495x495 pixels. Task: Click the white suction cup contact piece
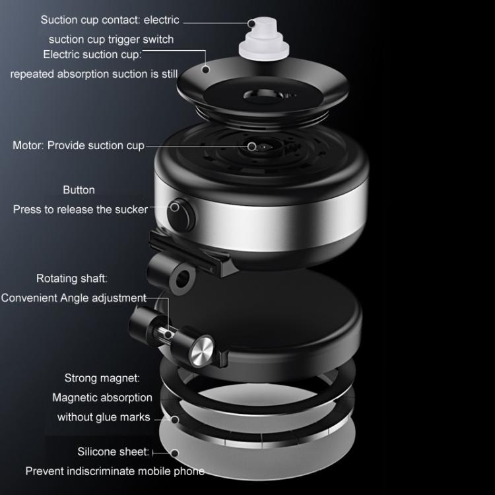tap(263, 38)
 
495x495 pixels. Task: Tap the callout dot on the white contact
tap(251, 23)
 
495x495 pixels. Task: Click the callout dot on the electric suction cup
tap(205, 69)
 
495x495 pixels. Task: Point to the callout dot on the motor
tap(252, 147)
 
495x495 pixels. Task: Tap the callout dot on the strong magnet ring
tap(175, 420)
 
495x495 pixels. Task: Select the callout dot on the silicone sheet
tap(175, 453)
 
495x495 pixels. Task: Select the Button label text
tap(79, 190)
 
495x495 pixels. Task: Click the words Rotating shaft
tap(72, 279)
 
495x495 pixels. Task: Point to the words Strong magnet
tap(102, 378)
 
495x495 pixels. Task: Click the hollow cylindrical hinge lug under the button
tap(171, 273)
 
